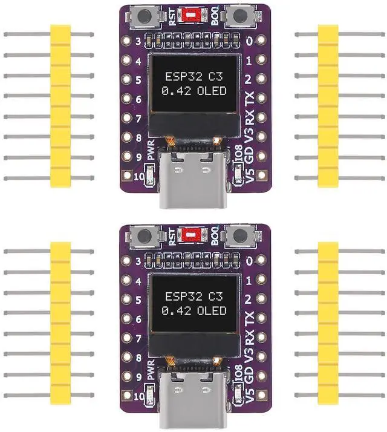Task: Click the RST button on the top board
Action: point(145,16)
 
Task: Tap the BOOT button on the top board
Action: point(239,16)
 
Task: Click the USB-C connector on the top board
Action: point(193,178)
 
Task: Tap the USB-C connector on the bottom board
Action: point(193,398)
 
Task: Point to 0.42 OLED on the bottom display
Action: point(194,310)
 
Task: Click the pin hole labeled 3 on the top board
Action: point(127,41)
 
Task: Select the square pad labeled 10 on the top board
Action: point(127,175)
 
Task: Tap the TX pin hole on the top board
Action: point(261,98)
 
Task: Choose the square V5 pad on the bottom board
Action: point(261,394)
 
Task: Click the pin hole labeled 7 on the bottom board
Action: point(127,337)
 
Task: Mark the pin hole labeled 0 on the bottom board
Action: point(261,260)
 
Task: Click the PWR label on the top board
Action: point(151,150)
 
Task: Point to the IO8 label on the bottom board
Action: point(238,373)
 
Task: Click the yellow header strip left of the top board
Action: point(60,106)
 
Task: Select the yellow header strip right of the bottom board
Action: point(328,323)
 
